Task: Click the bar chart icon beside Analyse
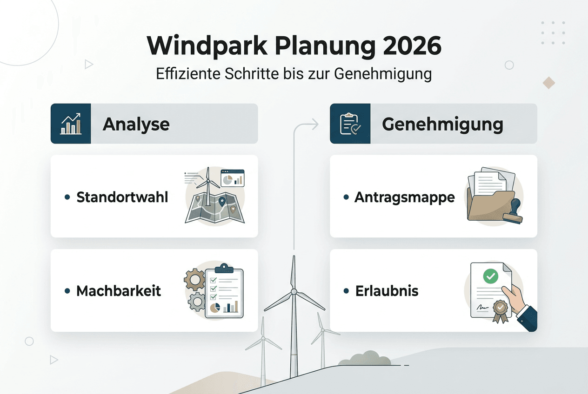pos(71,124)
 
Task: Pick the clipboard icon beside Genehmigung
pos(350,124)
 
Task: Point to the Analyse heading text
pos(136,124)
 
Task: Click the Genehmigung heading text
pos(442,124)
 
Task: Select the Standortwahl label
pos(122,197)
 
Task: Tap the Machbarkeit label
pos(119,291)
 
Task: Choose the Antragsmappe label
pos(405,197)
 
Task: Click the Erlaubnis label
pos(387,291)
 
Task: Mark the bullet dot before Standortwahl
pos(67,197)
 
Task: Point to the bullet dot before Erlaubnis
pos(346,291)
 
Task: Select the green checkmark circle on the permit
pos(490,276)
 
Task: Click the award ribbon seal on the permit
pos(500,309)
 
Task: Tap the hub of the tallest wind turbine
pos(294,292)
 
